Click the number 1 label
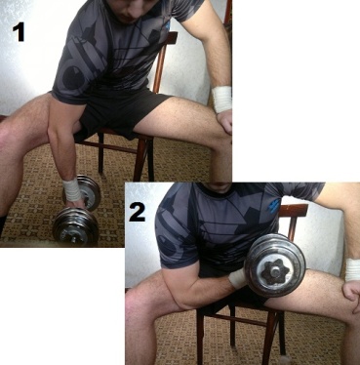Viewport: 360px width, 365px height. (x=19, y=32)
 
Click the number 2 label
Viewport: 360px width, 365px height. (x=138, y=212)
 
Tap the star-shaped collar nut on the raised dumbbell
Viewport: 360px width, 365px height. (x=274, y=270)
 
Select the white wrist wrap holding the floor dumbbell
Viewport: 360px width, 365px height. (x=72, y=189)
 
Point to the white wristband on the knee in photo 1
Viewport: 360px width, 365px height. (x=221, y=99)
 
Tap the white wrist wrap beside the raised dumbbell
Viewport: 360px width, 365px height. (x=237, y=278)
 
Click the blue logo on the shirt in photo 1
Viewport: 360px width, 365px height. (x=167, y=27)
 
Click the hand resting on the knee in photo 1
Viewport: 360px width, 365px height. (x=225, y=121)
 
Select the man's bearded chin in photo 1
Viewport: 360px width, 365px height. (x=129, y=17)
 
